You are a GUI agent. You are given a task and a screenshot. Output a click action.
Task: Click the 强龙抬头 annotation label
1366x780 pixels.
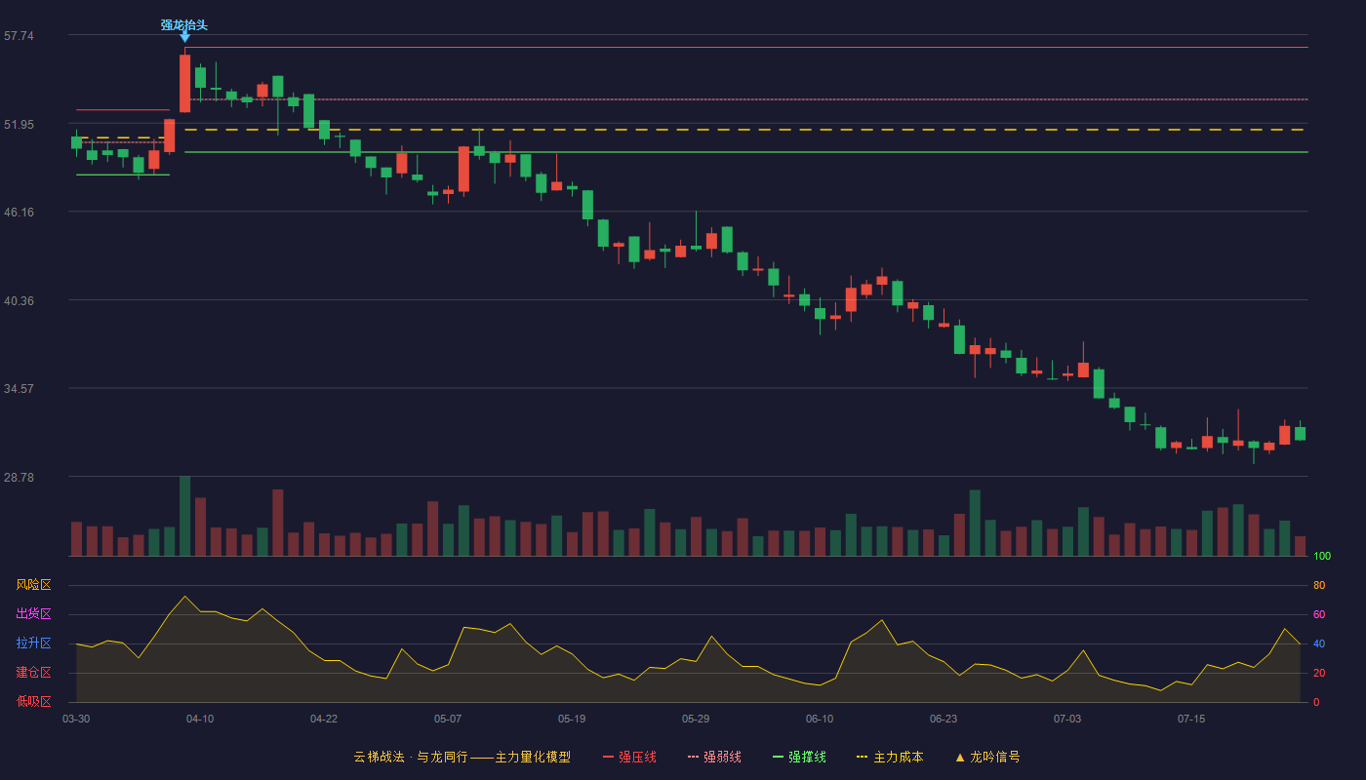coord(184,25)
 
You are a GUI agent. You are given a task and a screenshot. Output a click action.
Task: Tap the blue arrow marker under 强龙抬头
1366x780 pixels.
coord(184,38)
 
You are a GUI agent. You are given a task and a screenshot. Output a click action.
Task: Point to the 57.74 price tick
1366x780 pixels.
coord(19,36)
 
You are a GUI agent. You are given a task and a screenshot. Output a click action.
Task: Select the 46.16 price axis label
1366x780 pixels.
coord(19,213)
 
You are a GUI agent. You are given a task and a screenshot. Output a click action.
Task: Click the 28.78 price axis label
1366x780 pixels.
coord(19,477)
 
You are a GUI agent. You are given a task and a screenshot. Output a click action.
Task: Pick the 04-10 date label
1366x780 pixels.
coord(200,720)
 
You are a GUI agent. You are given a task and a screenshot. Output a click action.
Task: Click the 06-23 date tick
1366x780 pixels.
coord(944,720)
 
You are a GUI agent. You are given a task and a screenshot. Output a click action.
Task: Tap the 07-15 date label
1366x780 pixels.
coord(1191,720)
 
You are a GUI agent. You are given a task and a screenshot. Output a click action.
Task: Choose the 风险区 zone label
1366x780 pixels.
coord(33,585)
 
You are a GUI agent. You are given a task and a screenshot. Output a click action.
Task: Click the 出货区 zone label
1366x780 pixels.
coord(33,613)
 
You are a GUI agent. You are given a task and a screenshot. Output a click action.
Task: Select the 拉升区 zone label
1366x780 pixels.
coord(33,643)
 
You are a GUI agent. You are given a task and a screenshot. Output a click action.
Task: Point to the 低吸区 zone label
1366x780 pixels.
coord(33,701)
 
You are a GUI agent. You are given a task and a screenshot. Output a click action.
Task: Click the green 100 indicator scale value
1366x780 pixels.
coord(1322,556)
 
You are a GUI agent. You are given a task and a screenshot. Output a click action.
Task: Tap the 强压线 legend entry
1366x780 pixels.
coord(629,757)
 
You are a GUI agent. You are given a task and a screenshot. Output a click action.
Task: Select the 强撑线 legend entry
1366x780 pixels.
coord(799,757)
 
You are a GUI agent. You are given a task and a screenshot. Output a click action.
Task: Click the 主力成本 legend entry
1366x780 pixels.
coord(890,757)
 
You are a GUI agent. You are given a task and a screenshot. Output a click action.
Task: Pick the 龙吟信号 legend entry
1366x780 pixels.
coord(987,757)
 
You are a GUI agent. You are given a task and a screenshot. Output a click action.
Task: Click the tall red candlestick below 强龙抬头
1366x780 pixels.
coord(184,84)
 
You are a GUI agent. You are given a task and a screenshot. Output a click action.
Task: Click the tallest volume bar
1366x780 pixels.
coord(184,516)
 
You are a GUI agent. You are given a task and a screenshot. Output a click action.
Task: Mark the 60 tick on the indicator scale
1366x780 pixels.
coord(1319,614)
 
